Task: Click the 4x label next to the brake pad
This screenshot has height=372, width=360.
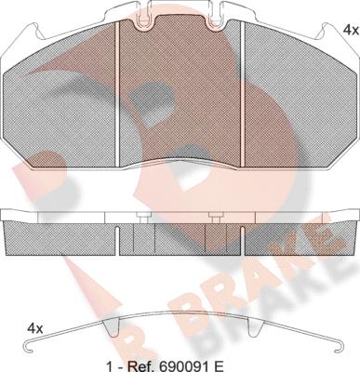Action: point(351,30)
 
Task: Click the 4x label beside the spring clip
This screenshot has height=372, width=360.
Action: point(35,328)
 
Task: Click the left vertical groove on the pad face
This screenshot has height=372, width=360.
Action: point(117,94)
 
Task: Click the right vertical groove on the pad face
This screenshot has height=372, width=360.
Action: point(243,94)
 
